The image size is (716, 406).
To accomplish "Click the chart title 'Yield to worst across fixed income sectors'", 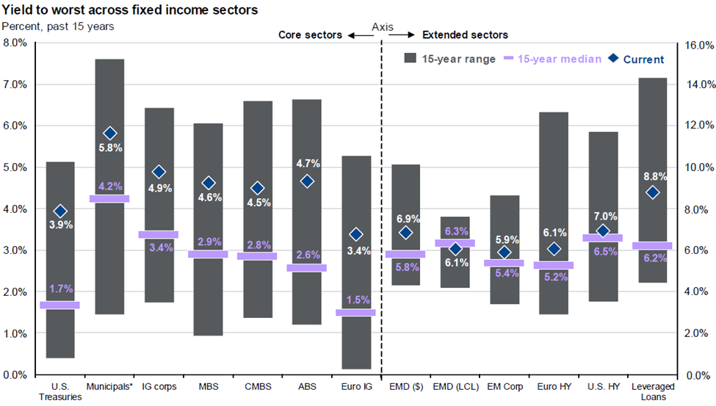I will click(x=129, y=10).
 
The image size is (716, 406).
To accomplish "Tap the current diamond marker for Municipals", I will click(x=110, y=134).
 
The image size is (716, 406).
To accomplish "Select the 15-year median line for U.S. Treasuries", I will click(x=60, y=305).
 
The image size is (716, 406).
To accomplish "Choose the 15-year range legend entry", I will click(x=450, y=59).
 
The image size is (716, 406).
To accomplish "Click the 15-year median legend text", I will click(x=560, y=59).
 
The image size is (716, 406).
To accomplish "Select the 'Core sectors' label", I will click(x=309, y=35).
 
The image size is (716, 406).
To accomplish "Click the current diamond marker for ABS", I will click(x=307, y=181).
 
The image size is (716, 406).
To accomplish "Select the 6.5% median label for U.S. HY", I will click(x=602, y=251).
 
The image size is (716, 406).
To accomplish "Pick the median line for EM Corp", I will click(x=505, y=263).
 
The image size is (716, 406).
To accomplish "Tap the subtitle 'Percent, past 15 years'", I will click(x=57, y=26).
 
